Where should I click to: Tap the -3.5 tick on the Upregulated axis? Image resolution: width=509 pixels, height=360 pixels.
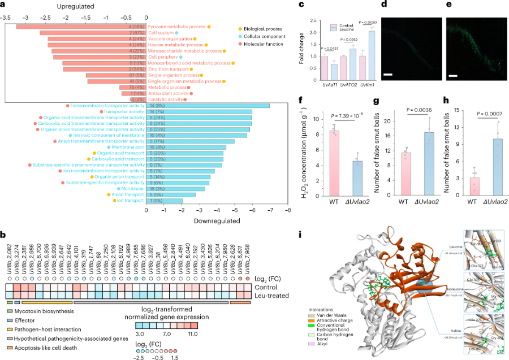(x=6, y=16)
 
